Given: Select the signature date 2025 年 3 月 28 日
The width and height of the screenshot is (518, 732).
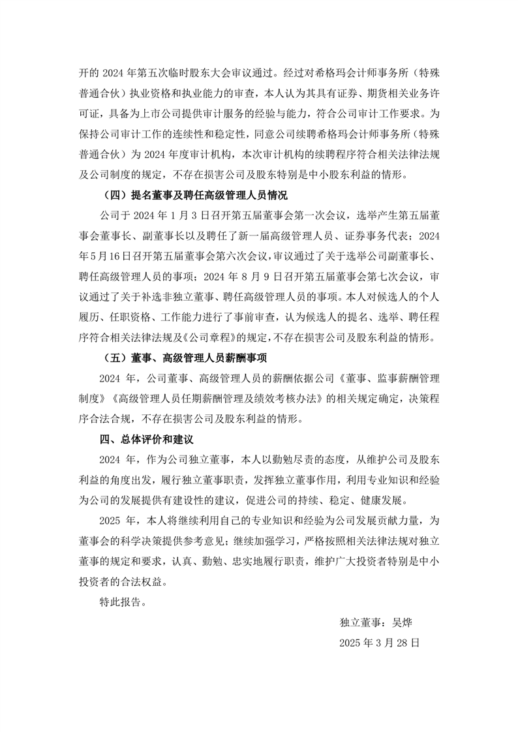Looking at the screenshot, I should click(x=379, y=642).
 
